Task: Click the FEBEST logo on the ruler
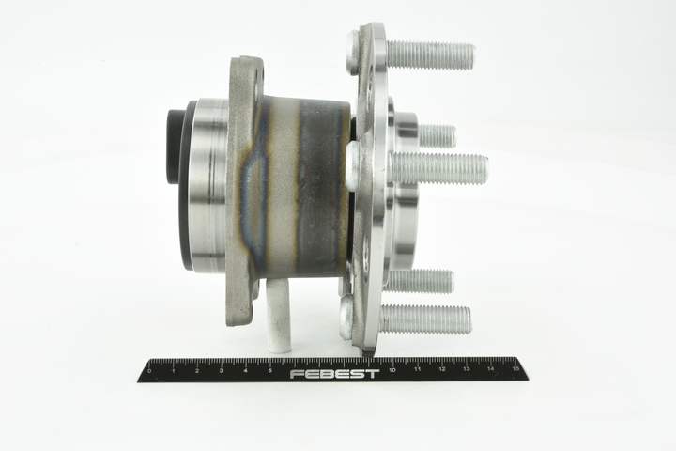[x=334, y=374]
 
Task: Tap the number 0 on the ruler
[x=149, y=371]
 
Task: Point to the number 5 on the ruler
[x=269, y=371]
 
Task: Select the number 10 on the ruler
[x=392, y=370]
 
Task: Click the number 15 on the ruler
[x=515, y=369]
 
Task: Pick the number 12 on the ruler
[x=442, y=369]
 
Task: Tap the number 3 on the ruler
[x=222, y=371]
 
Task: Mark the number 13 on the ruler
[x=467, y=369]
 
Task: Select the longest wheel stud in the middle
[x=438, y=168]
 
